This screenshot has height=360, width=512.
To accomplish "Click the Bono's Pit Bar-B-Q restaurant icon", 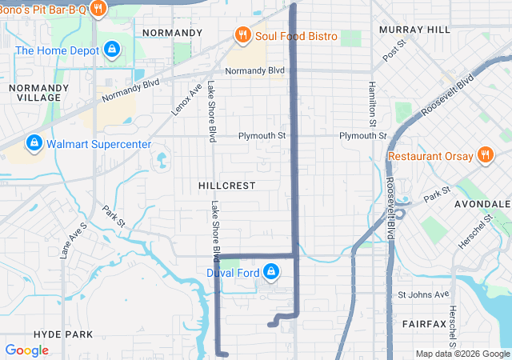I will coord(98,9).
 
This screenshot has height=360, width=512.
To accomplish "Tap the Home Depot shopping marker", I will coord(113,50).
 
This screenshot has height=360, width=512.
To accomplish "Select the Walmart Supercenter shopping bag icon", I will coord(34,144).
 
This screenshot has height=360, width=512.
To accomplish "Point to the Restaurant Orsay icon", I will coord(484,154).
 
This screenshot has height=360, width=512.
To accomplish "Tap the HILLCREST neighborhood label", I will coord(227,185).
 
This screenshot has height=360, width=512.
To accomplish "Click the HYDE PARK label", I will coord(64,334).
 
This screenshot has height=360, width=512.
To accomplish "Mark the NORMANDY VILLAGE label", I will coord(34,92).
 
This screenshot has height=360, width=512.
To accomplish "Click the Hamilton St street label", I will coord(372,104).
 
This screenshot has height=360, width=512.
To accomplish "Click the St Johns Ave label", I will coord(424,294).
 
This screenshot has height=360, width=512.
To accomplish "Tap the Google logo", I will coord(27,350).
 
